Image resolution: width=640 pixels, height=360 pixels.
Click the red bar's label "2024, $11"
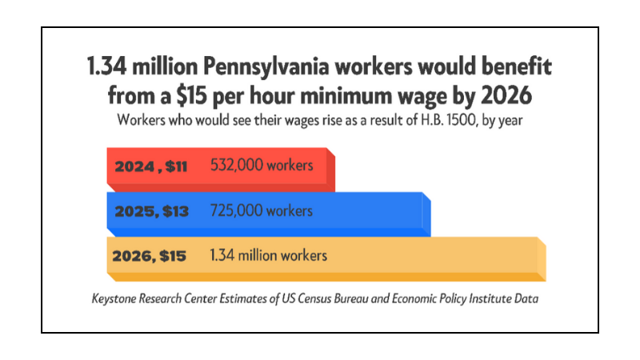pos(150,167)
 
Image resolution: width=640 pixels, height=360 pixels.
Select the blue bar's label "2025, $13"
pos(152,212)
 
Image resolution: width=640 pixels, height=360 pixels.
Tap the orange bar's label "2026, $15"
pos(150,257)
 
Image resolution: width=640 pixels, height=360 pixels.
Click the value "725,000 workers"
pos(261,211)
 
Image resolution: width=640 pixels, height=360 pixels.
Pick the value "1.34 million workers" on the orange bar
pos(268,256)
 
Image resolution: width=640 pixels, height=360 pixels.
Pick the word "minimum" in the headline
pos(344,95)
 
